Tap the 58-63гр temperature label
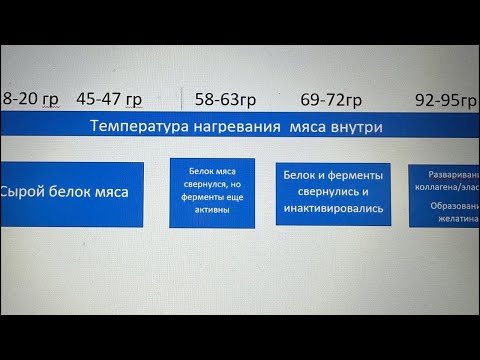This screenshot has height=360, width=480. click(225, 99)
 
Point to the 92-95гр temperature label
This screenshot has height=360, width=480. click(446, 99)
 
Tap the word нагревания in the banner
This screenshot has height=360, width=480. click(237, 127)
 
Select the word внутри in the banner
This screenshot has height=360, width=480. click(354, 127)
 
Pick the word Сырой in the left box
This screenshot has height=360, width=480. click(23, 192)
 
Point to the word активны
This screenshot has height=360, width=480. click(212, 211)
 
